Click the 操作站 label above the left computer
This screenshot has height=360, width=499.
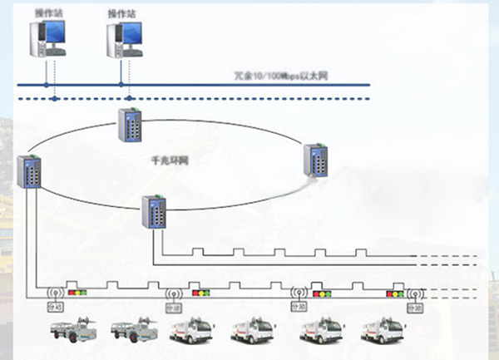tap(47, 12)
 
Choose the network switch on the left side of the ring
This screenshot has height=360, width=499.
tap(29, 172)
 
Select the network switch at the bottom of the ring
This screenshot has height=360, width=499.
tap(154, 211)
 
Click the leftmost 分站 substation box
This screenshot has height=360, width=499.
tap(57, 307)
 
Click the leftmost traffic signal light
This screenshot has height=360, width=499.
tap(78, 293)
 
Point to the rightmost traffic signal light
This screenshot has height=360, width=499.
tap(395, 293)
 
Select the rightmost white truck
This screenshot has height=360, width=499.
tap(384, 330)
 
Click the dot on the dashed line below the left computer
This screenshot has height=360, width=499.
tap(54, 99)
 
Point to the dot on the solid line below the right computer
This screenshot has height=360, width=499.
tap(121, 84)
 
